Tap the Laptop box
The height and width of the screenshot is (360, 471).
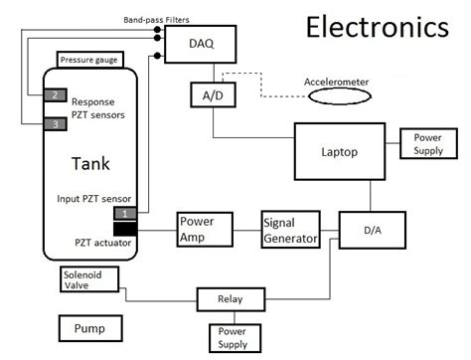(x=338, y=153)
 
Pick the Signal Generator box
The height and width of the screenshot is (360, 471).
(x=290, y=230)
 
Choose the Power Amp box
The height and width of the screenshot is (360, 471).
(x=205, y=230)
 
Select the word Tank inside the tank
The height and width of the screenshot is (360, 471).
(x=91, y=163)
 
